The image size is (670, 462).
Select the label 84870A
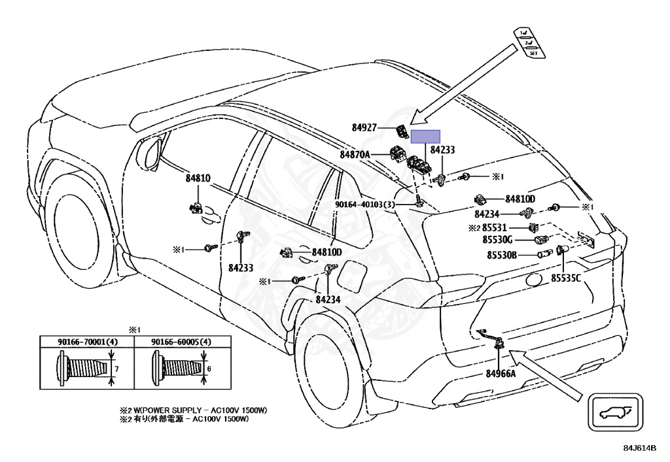click(355, 155)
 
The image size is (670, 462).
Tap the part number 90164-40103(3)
click(366, 205)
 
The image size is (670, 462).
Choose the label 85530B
click(500, 255)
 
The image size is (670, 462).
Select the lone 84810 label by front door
click(198, 178)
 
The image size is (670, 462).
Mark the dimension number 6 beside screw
click(209, 369)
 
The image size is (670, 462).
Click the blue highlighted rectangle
click(425, 136)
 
